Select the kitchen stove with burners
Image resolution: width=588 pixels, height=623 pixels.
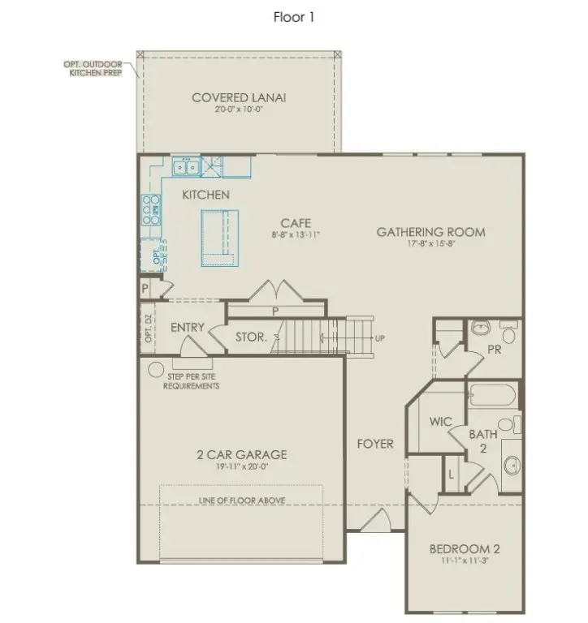151,211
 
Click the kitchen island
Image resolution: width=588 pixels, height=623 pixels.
220,236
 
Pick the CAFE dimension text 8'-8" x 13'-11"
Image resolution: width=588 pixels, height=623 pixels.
296,235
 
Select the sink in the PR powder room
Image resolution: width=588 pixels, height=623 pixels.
481,329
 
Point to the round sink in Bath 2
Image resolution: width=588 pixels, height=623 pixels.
512,465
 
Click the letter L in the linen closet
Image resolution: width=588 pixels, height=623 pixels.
451,474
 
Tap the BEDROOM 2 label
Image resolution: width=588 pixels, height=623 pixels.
465,549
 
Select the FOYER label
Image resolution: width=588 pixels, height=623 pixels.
375,444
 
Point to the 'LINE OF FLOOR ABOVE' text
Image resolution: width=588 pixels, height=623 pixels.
241,501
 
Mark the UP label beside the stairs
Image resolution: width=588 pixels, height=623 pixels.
379,337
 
